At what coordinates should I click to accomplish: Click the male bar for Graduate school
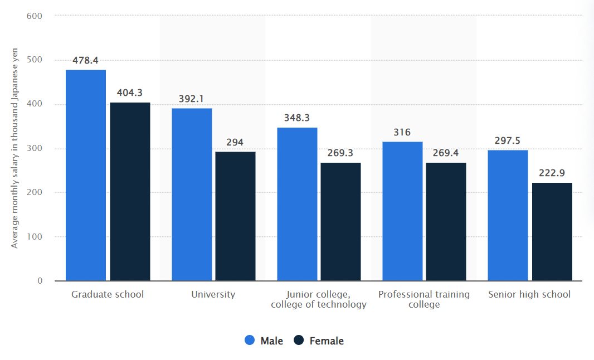(86, 175)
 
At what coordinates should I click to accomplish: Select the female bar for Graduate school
(130, 191)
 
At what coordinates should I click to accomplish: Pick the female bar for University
(235, 216)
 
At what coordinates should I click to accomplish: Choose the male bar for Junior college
(297, 204)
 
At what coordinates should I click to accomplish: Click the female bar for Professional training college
(446, 221)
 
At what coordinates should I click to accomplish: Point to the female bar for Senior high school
(552, 231)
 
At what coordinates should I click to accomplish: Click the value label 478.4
(85, 60)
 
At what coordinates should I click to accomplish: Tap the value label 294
(235, 142)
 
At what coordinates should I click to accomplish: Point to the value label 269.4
(446, 153)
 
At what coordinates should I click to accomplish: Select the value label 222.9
(552, 173)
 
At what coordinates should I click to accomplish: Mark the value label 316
(402, 132)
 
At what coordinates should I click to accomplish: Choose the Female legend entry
(319, 340)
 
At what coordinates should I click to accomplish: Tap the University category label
(213, 294)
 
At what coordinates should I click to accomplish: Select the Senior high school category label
(529, 294)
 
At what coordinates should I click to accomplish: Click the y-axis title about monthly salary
(14, 148)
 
